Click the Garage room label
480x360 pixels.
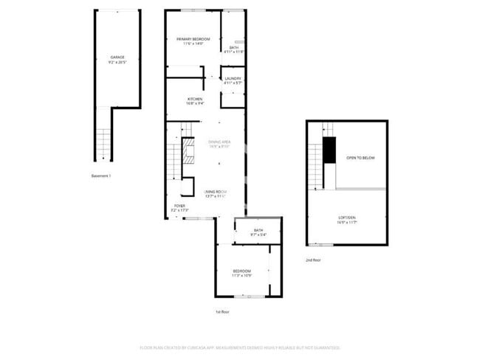117,58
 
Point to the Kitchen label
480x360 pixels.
195,100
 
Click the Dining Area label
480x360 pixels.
220,142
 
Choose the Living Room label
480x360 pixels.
216,193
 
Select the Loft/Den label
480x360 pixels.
346,218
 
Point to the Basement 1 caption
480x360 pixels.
100,176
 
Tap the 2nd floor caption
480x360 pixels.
313,260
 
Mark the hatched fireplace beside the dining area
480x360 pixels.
189,151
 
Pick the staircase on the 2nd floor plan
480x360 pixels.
316,166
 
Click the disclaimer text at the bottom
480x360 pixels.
240,347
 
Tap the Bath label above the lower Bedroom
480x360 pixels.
258,232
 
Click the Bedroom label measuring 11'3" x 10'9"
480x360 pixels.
242,273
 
